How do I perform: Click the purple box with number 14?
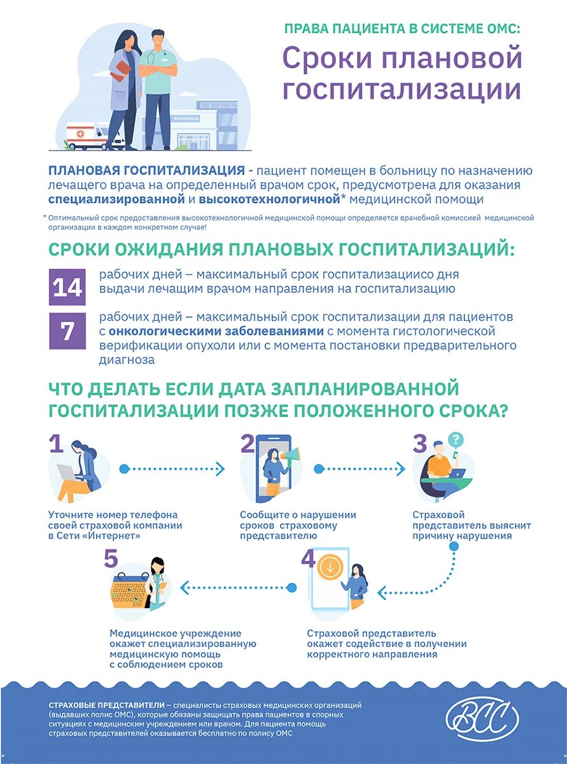coord(67,288)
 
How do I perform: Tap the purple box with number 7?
coord(67,331)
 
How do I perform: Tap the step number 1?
coord(57,443)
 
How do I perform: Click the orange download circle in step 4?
coord(330,568)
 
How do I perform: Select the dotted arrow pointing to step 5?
coord(237,586)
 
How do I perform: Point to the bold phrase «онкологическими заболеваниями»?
coord(216,331)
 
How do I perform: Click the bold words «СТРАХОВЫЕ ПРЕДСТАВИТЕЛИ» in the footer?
coord(106,705)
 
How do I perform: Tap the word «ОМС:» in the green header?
coord(502,29)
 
